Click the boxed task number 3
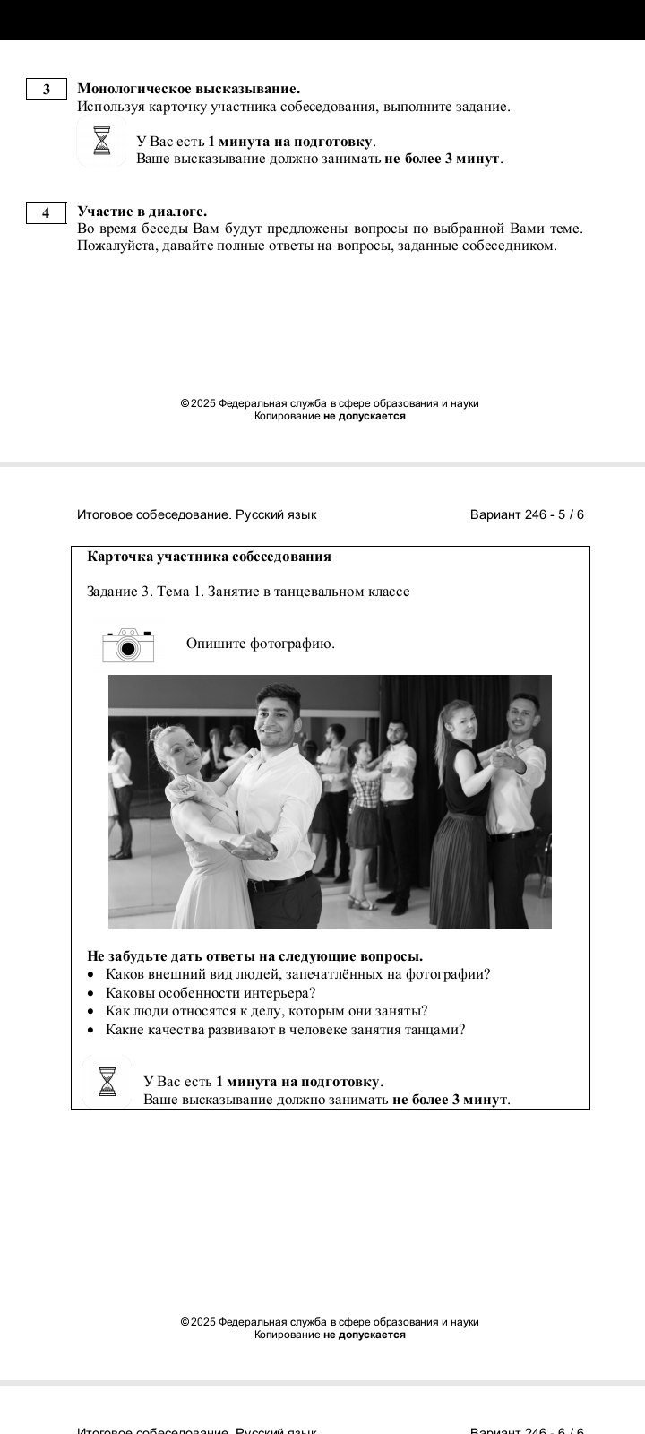(47, 89)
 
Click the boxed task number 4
(47, 212)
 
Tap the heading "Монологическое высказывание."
(188, 89)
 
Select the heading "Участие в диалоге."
(142, 212)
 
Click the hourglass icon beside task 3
(102, 142)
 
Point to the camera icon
(128, 645)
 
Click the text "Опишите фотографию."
(260, 644)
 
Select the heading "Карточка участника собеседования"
(209, 557)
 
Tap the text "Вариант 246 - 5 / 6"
(527, 514)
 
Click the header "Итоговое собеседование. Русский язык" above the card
(196, 514)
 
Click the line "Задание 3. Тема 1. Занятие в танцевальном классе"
(248, 592)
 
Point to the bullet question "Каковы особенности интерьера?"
(211, 993)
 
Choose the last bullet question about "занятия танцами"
(285, 1030)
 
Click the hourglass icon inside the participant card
(107, 1080)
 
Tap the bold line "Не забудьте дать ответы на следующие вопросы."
(254, 955)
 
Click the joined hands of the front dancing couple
(249, 846)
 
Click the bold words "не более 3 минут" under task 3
(442, 160)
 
